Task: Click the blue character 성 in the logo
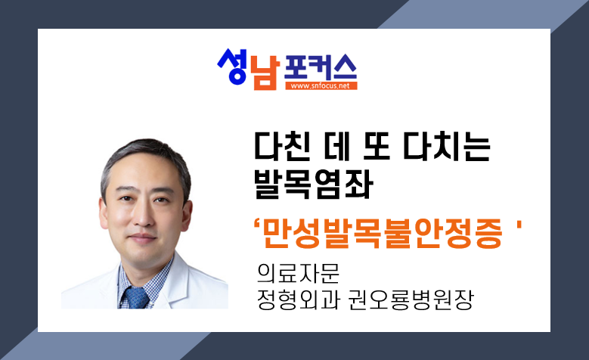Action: tap(232, 67)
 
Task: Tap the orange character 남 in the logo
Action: tap(265, 73)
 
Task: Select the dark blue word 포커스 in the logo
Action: tap(321, 67)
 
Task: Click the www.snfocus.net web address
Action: tap(321, 85)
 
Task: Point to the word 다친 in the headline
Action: tap(283, 147)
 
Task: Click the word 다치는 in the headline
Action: tap(447, 147)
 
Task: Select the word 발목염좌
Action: tap(314, 184)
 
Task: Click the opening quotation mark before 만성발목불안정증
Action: tap(257, 225)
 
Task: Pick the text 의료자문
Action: tap(298, 273)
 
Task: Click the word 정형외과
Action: tap(299, 299)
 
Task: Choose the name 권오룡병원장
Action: tap(411, 299)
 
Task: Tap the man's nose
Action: tap(142, 218)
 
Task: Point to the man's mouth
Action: tap(142, 238)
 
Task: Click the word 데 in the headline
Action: tap(336, 147)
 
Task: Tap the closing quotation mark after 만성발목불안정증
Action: tap(519, 225)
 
